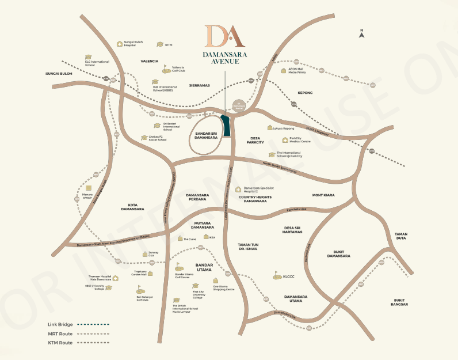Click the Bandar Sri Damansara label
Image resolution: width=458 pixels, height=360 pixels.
coord(205,136)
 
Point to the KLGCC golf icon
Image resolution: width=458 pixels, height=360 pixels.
coord(277,276)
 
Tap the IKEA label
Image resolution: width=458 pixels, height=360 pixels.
coord(212,237)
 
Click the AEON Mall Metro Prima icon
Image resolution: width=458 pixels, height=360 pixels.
coord(284,71)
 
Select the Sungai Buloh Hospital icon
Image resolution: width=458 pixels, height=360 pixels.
coord(120,43)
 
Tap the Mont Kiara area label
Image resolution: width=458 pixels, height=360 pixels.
coord(323,195)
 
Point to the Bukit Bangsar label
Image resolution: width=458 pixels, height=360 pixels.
coord(400,302)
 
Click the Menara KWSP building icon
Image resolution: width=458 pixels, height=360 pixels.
coord(88,188)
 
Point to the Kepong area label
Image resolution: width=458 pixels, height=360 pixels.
coord(305,92)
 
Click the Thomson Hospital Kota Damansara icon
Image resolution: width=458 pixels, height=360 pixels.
coord(115,278)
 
